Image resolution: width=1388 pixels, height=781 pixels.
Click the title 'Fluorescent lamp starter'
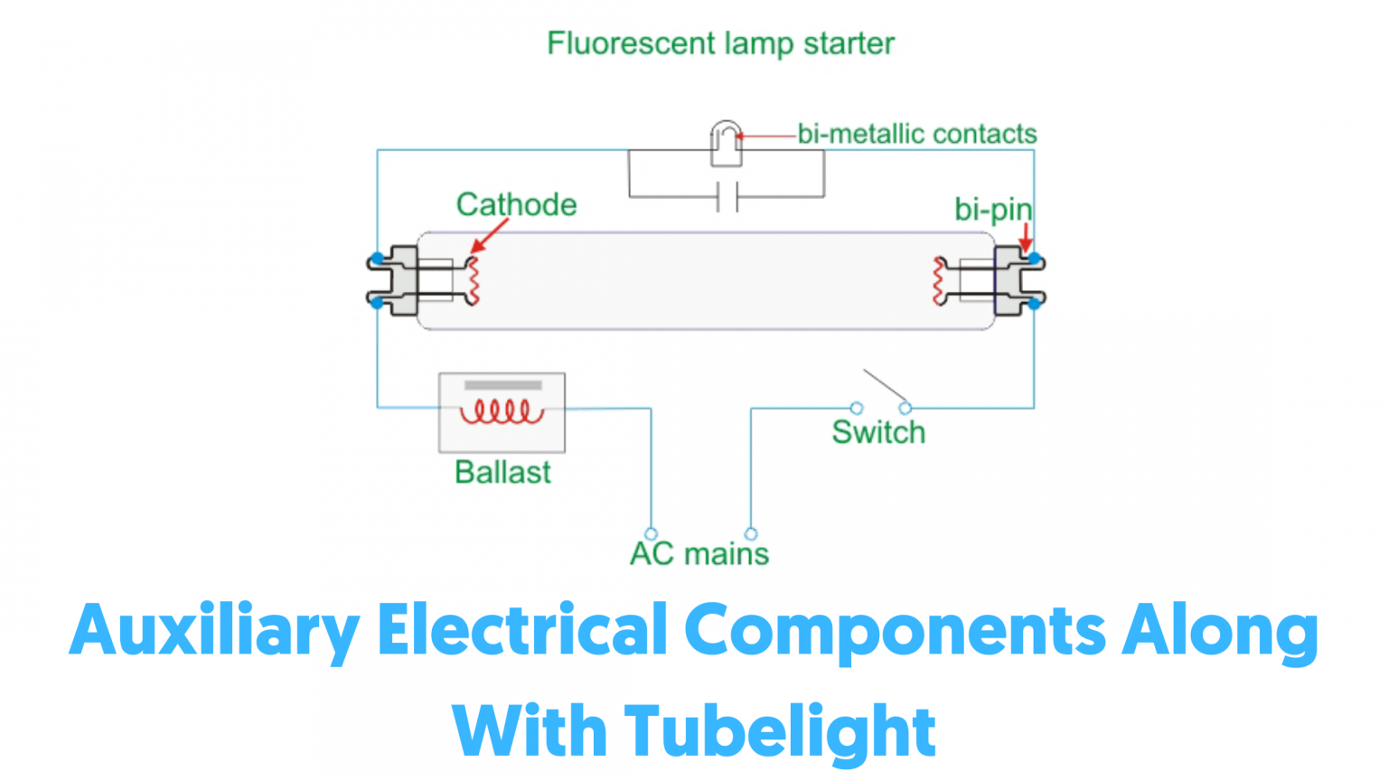pos(720,43)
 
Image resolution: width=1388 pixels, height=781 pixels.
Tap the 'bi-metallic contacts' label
pos(916,134)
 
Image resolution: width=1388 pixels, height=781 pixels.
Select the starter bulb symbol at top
pos(726,144)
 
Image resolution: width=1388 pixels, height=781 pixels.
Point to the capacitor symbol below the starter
pos(727,196)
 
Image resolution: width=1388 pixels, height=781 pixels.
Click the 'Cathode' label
pos(516,204)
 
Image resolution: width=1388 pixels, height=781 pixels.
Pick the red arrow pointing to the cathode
pos(489,236)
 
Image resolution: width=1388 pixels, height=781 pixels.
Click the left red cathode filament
pos(473,281)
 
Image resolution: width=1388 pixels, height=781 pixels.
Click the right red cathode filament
pos(939,281)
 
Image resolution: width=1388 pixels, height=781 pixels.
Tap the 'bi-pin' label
pos(992,210)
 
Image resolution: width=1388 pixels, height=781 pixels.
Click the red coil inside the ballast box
pos(502,412)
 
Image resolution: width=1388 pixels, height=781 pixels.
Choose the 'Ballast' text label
pos(502,472)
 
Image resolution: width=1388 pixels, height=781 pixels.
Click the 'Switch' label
pos(878,432)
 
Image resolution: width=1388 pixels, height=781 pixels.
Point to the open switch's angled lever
pos(886,387)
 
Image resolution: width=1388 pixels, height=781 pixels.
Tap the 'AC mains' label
pos(699,553)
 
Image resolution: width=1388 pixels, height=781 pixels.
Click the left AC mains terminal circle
pos(651,533)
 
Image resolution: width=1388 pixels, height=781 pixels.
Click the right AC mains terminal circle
pos(751,533)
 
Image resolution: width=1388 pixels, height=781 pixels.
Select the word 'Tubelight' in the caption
pos(780,730)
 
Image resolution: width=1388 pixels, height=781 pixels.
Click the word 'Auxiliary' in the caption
pos(214,631)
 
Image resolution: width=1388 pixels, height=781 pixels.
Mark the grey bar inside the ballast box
pos(502,386)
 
